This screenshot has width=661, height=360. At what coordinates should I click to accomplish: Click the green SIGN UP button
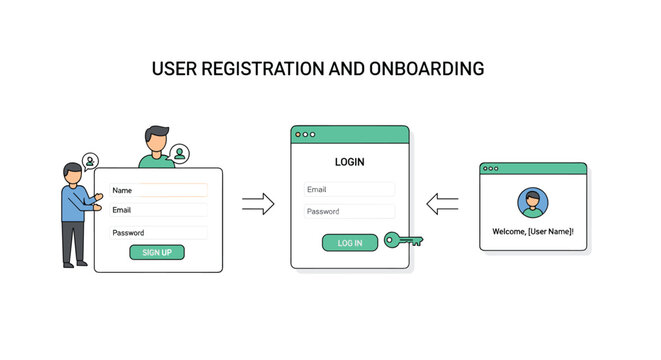click(x=157, y=252)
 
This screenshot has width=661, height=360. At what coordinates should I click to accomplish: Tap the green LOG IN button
click(x=350, y=242)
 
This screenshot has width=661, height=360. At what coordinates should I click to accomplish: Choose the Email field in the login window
click(x=349, y=189)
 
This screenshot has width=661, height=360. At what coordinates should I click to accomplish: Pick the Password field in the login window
click(x=349, y=211)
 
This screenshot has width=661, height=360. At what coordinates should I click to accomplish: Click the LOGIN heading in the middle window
click(x=350, y=161)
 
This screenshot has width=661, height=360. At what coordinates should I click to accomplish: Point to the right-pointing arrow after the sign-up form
click(x=258, y=205)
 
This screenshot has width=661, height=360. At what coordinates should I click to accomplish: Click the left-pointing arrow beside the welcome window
click(x=442, y=205)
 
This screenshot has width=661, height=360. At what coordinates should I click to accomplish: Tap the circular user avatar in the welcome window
click(x=533, y=203)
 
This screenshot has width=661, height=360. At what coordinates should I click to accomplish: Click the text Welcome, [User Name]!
click(x=533, y=232)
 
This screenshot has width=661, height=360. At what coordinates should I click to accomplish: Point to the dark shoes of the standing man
click(x=74, y=263)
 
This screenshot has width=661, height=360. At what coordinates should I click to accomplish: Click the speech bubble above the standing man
click(x=91, y=160)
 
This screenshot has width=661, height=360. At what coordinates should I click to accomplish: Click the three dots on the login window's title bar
click(x=305, y=133)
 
